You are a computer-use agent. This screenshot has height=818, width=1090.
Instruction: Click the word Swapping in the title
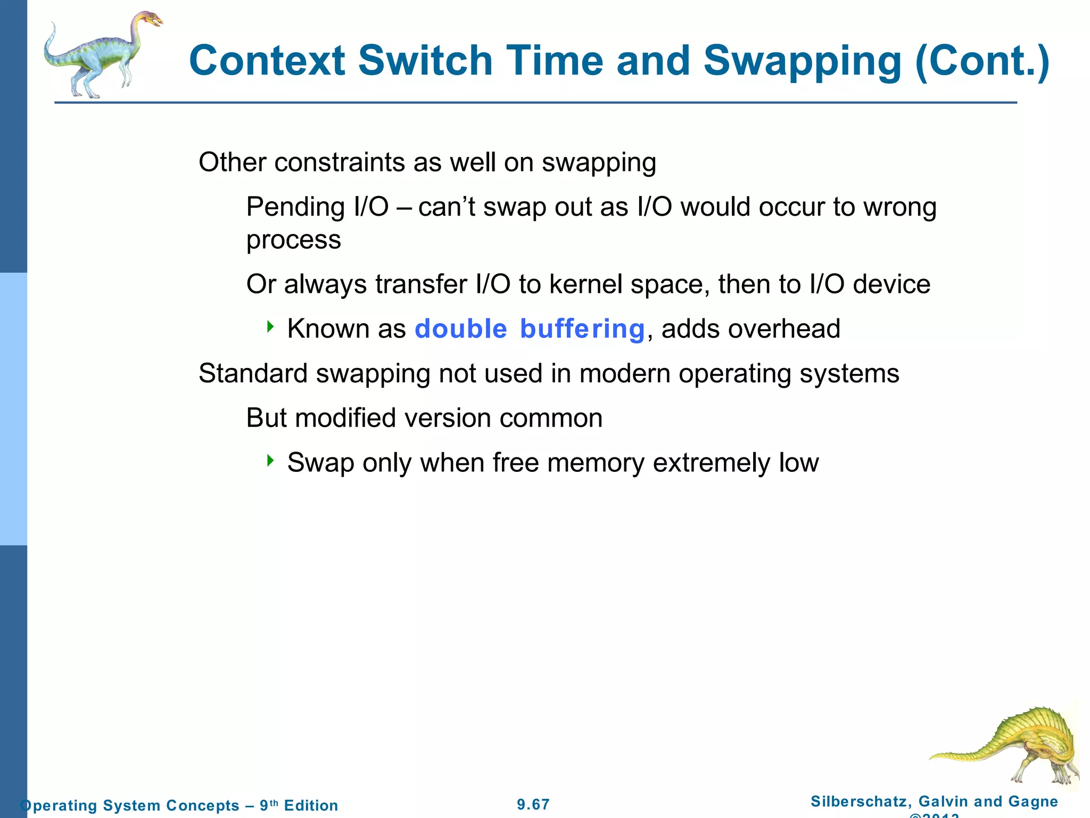tap(802, 61)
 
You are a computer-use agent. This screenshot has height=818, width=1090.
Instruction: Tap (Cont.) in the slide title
tap(982, 61)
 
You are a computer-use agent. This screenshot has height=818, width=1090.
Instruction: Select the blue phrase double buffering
tap(530, 329)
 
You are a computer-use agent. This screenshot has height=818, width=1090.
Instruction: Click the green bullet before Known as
tap(270, 326)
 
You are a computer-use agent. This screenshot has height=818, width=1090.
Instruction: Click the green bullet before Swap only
tap(270, 460)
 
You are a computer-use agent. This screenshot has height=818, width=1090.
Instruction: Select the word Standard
tap(253, 373)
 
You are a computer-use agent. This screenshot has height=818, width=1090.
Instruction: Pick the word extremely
tap(711, 463)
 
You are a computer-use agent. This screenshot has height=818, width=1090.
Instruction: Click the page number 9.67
tap(533, 804)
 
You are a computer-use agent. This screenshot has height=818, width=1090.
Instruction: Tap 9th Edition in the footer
tap(299, 805)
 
